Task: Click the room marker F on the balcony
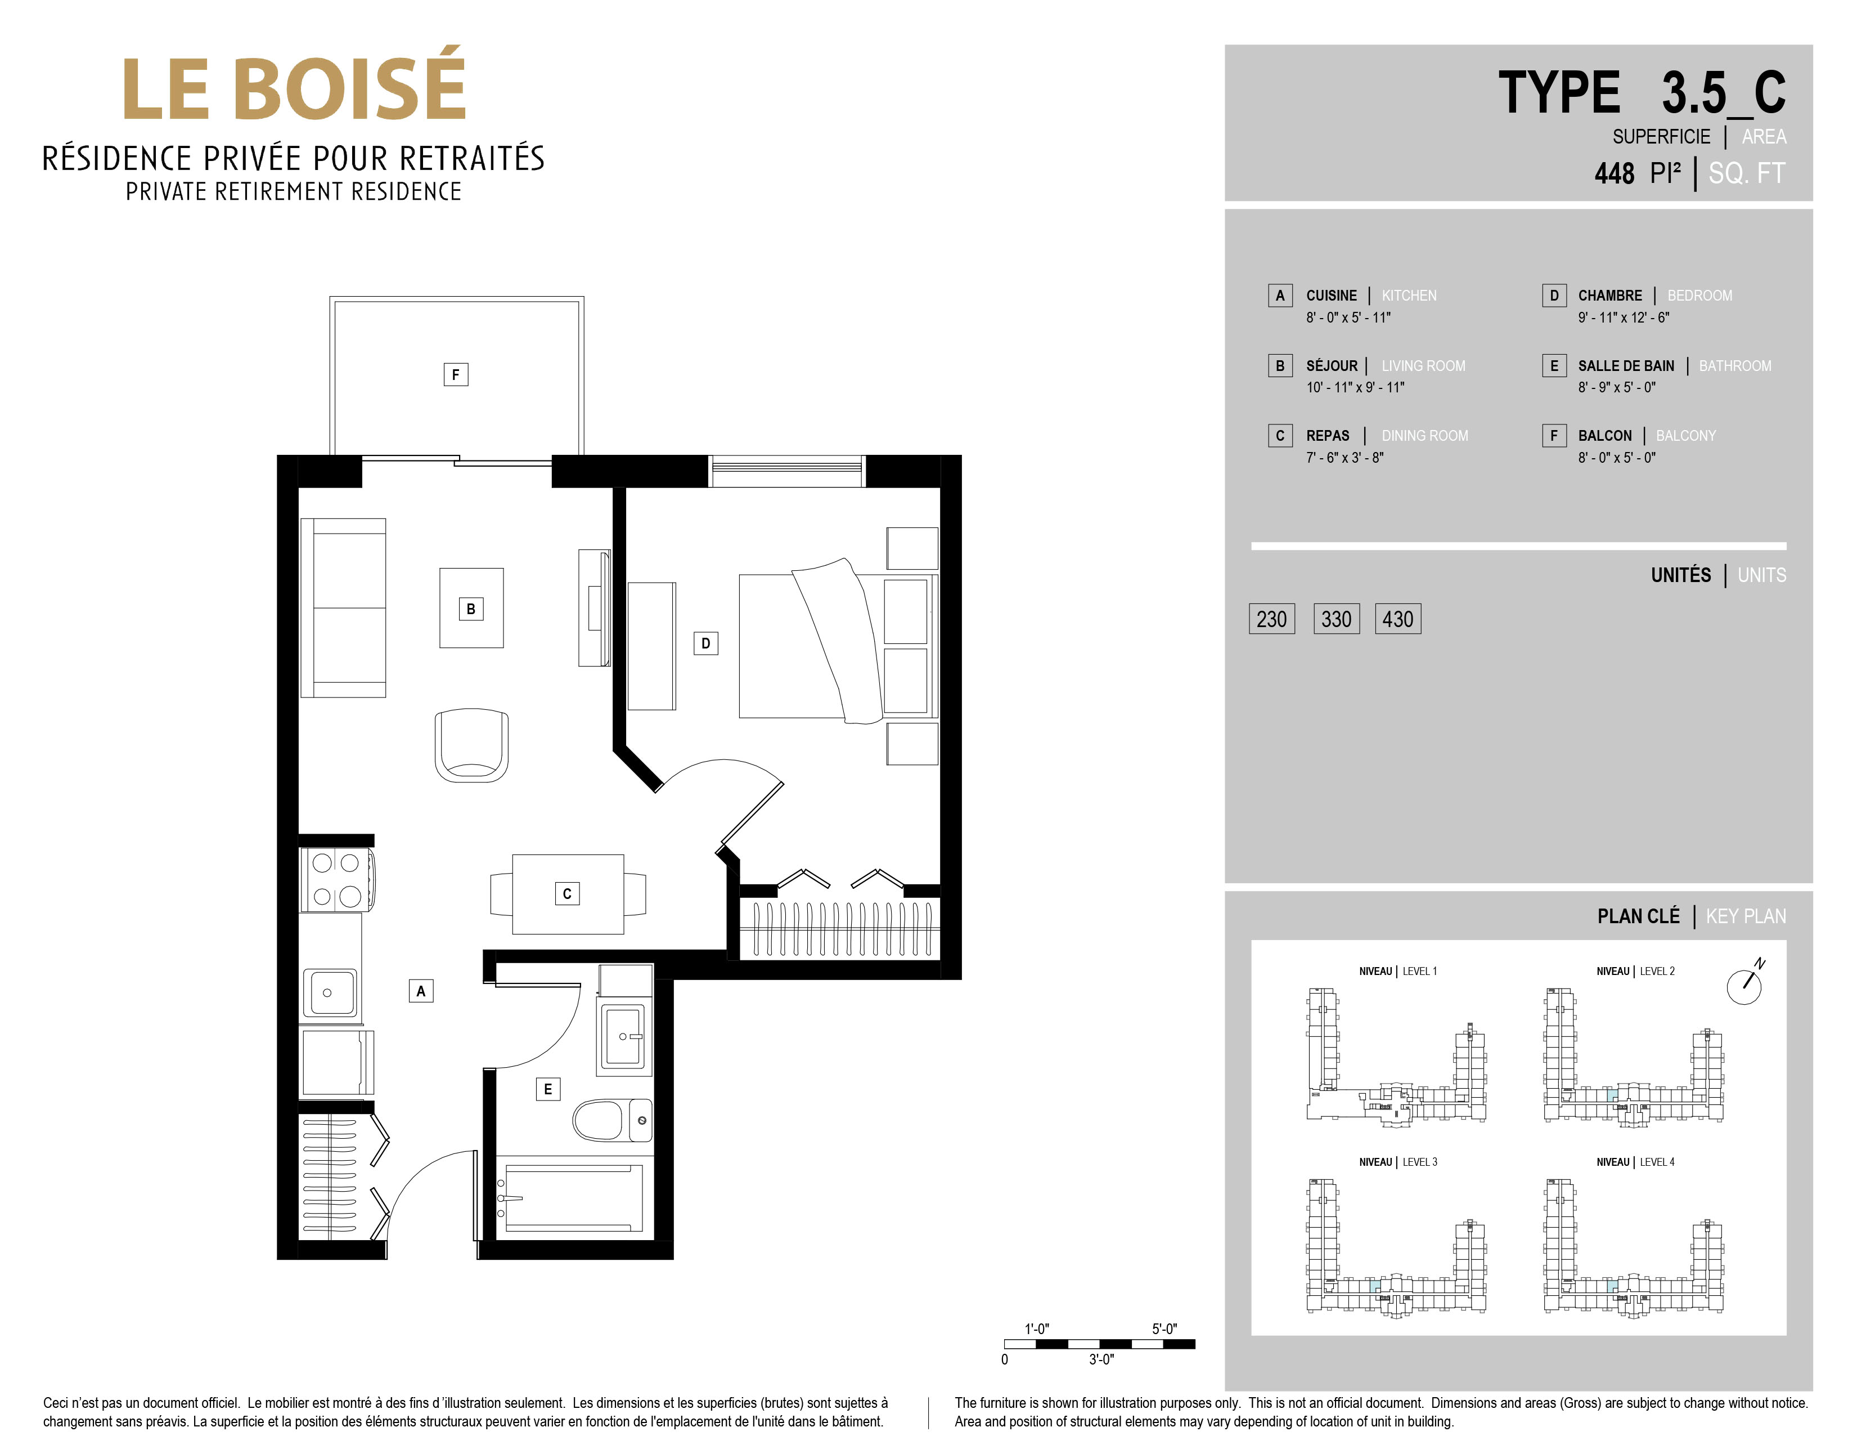[456, 374]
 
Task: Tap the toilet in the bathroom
[612, 1120]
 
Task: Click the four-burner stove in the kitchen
[337, 880]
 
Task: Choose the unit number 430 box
[1398, 619]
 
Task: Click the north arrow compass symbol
[1744, 985]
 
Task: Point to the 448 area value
[1614, 173]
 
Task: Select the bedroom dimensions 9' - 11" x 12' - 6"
[1623, 318]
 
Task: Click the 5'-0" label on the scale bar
[1164, 1329]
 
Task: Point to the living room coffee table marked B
[471, 609]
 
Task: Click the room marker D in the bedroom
[706, 643]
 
